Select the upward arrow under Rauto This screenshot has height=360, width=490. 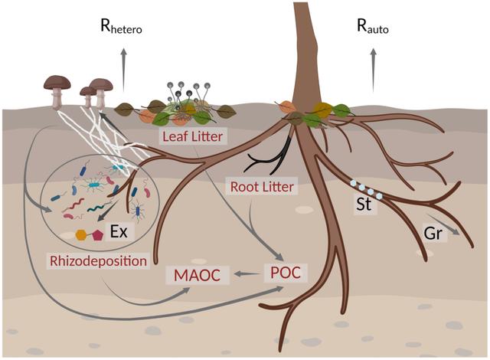(374, 61)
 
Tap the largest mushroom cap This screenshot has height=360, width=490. (56, 80)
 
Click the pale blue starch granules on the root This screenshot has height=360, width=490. (366, 188)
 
